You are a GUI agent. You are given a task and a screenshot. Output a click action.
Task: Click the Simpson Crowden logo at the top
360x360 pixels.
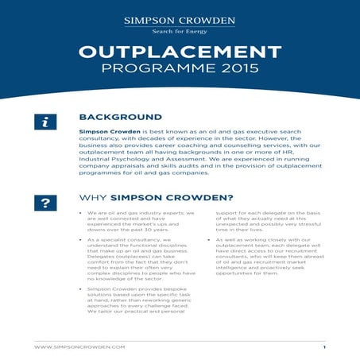pyautogui.click(x=180, y=21)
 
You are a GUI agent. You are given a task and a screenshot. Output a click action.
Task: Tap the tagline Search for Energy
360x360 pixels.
pyautogui.click(x=180, y=32)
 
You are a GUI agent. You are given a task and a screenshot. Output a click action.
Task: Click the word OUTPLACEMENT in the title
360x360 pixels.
pyautogui.click(x=180, y=52)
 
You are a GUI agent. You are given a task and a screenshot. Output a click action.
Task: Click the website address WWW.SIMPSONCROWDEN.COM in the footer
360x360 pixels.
pyautogui.click(x=79, y=347)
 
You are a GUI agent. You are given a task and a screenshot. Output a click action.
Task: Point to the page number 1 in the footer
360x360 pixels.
pyautogui.click(x=324, y=347)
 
